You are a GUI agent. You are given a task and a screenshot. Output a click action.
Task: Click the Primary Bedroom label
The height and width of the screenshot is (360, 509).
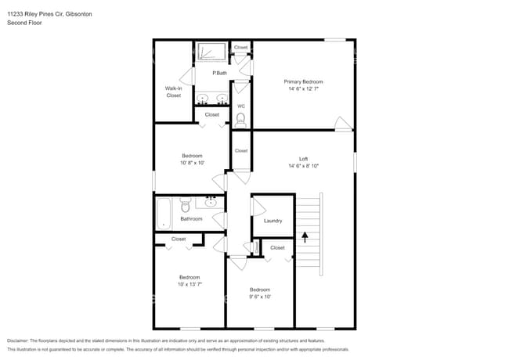303,81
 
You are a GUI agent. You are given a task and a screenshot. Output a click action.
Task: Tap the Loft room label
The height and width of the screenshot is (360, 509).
303,159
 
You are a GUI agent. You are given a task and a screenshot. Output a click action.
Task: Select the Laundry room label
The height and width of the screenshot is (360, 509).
273,221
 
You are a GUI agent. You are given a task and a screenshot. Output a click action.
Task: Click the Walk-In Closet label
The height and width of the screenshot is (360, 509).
173,92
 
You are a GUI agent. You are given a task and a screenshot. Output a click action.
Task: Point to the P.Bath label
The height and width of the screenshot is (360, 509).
219,73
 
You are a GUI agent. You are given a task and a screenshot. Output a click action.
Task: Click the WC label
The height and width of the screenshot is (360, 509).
240,106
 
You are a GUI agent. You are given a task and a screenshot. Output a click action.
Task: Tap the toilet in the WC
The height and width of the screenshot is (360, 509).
240,120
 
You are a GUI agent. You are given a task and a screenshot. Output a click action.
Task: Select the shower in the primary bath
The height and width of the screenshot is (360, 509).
210,52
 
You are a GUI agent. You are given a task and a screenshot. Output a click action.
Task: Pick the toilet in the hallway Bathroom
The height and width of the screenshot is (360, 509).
186,205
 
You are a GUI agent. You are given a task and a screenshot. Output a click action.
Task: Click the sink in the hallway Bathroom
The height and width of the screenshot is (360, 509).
210,203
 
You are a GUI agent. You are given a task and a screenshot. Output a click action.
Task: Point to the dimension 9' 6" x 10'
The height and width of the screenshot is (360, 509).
259,297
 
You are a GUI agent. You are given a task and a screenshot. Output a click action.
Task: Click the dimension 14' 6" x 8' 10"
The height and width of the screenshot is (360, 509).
303,166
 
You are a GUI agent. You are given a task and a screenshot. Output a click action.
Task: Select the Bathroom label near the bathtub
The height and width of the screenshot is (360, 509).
191,219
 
